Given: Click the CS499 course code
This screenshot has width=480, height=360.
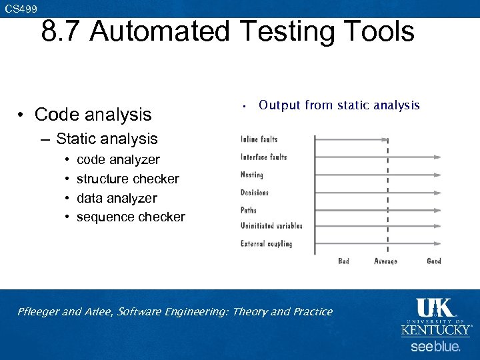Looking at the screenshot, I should (x=21, y=8).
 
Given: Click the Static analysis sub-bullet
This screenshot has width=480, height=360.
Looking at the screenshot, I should (x=107, y=139).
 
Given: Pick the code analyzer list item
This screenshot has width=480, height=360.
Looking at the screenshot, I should (x=118, y=160).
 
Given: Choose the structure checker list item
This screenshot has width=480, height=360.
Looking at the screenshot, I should (x=127, y=179).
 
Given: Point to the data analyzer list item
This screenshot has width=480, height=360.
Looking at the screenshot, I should (x=117, y=198).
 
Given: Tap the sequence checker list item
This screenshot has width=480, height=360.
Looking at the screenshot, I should (x=131, y=217).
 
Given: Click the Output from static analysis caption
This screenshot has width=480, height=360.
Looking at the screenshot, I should (x=339, y=105).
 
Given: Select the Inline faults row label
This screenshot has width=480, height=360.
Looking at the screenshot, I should (x=259, y=139).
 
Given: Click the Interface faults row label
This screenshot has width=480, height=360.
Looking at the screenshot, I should (x=264, y=157).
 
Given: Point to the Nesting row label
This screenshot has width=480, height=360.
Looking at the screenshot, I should (x=252, y=175).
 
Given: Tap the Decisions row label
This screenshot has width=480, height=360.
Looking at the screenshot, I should (x=255, y=192).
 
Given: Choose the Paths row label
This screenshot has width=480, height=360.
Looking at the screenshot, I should (x=249, y=209).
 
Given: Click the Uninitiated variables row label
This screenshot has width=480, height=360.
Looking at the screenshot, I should (x=271, y=226).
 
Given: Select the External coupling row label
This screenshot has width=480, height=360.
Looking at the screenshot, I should (x=266, y=244).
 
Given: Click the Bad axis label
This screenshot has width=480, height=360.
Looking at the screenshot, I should (x=343, y=261).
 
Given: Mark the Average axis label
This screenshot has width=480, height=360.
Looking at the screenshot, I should (x=385, y=261).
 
